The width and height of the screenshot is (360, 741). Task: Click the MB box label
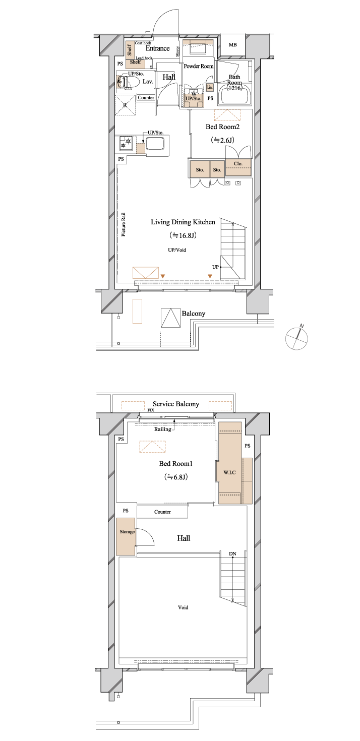tap(232, 45)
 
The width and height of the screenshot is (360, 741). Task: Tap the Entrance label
tap(157, 48)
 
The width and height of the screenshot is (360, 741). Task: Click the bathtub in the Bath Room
tap(234, 95)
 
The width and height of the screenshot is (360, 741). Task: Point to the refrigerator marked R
tap(126, 105)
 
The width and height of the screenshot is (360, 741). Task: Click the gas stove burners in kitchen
tap(126, 143)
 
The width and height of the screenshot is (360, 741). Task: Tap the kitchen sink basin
tap(155, 144)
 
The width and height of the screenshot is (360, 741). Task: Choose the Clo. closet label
tap(238, 164)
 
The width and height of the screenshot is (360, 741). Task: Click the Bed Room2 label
tap(222, 127)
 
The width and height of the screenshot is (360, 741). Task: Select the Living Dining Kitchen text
tap(183, 222)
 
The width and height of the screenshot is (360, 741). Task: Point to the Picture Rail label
tap(124, 224)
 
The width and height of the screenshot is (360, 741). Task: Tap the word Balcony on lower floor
tap(194, 313)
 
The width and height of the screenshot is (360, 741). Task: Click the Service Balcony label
tap(175, 404)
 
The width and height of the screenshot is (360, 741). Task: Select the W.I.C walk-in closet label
tap(229, 472)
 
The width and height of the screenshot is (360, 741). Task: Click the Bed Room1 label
tap(175, 463)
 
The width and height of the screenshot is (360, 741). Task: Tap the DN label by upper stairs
tap(232, 554)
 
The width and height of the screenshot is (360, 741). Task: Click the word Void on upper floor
tap(183, 607)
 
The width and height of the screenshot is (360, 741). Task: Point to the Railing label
tap(163, 429)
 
